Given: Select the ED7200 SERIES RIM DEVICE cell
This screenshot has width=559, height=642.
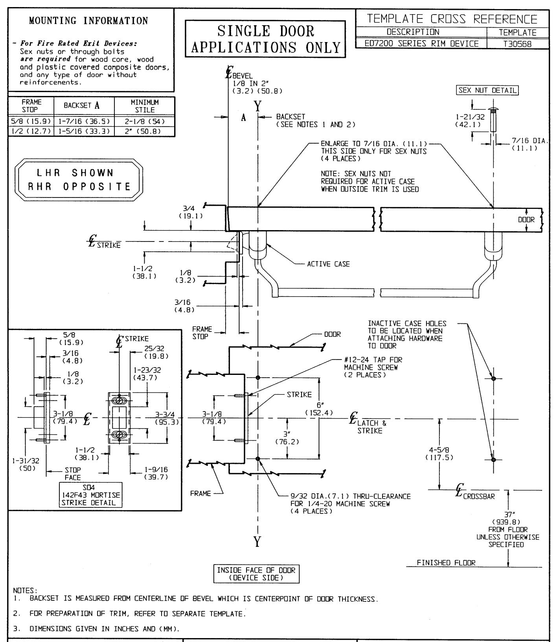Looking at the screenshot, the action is coord(421,44).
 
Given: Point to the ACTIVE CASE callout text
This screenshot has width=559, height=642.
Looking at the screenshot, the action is coord(328,264).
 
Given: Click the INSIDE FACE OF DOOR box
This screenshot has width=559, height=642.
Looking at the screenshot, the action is coord(256,574).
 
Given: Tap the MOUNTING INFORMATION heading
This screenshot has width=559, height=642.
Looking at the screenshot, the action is coord(89,20).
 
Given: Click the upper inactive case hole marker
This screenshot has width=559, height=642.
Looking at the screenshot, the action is coord(494,378).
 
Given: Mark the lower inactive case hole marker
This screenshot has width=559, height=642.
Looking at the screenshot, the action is coord(494,459).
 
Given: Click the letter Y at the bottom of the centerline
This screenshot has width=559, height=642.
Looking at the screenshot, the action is coord(257,542).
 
